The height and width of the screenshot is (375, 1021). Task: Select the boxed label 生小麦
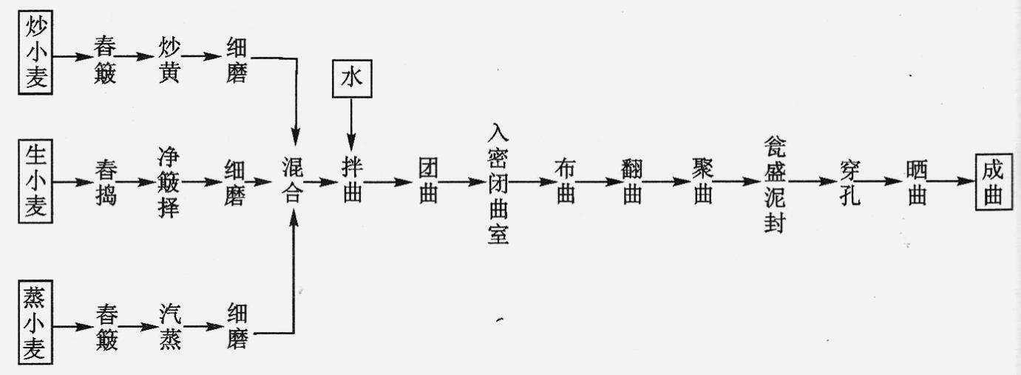click(34, 181)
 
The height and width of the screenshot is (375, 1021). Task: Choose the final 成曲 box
click(991, 182)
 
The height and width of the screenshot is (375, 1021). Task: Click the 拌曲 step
click(351, 182)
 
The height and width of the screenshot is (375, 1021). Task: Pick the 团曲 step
click(428, 182)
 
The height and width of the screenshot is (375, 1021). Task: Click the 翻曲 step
click(631, 182)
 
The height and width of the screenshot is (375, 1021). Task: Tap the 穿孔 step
click(849, 182)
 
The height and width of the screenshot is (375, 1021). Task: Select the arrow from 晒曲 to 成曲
click(954, 182)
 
